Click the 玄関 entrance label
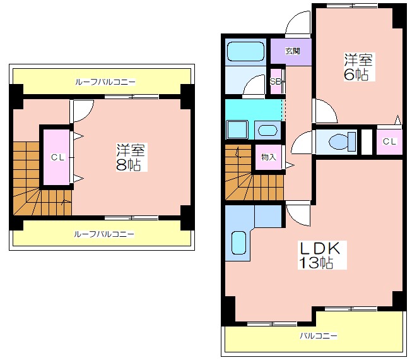tap(293, 51)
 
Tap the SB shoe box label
tap(276, 81)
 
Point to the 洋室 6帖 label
tap(359, 67)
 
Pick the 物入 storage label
tap(269, 157)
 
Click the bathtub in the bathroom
tap(246, 52)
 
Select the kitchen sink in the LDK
tap(238, 243)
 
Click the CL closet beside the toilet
tap(390, 141)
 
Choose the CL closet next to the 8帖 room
tap(57, 157)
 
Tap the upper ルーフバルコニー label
tap(105, 81)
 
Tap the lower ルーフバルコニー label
tap(104, 234)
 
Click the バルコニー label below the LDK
tap(319, 335)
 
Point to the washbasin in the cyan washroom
tap(267, 131)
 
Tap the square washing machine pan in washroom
tap(237, 129)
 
